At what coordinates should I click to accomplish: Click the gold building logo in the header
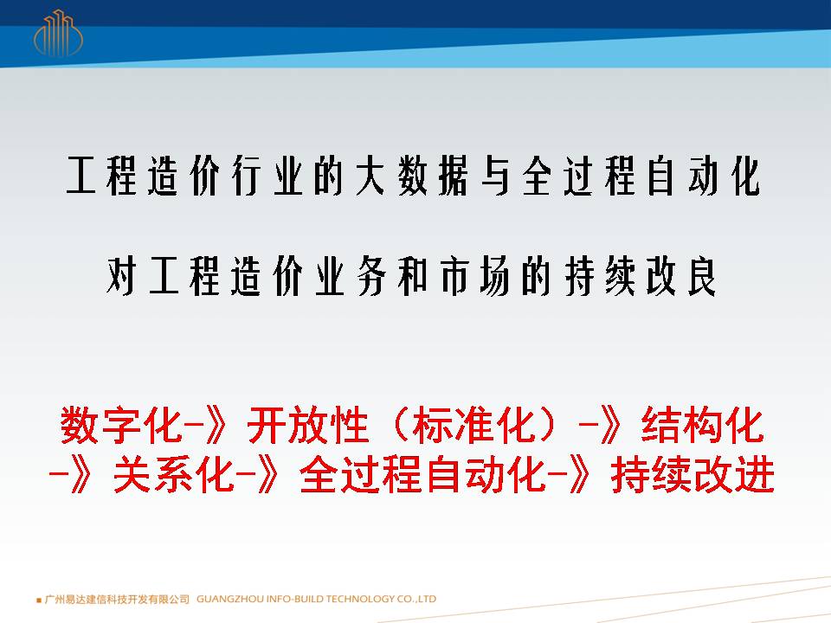(58, 33)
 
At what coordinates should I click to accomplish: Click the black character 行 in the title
(247, 176)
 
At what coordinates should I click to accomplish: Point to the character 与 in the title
(495, 176)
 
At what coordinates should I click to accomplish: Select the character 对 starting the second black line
(121, 275)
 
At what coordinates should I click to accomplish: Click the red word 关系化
(174, 475)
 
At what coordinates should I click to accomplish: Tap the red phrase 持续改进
(693, 475)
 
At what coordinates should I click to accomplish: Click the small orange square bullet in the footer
(39, 601)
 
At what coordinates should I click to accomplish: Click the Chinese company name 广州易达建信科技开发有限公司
(117, 599)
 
